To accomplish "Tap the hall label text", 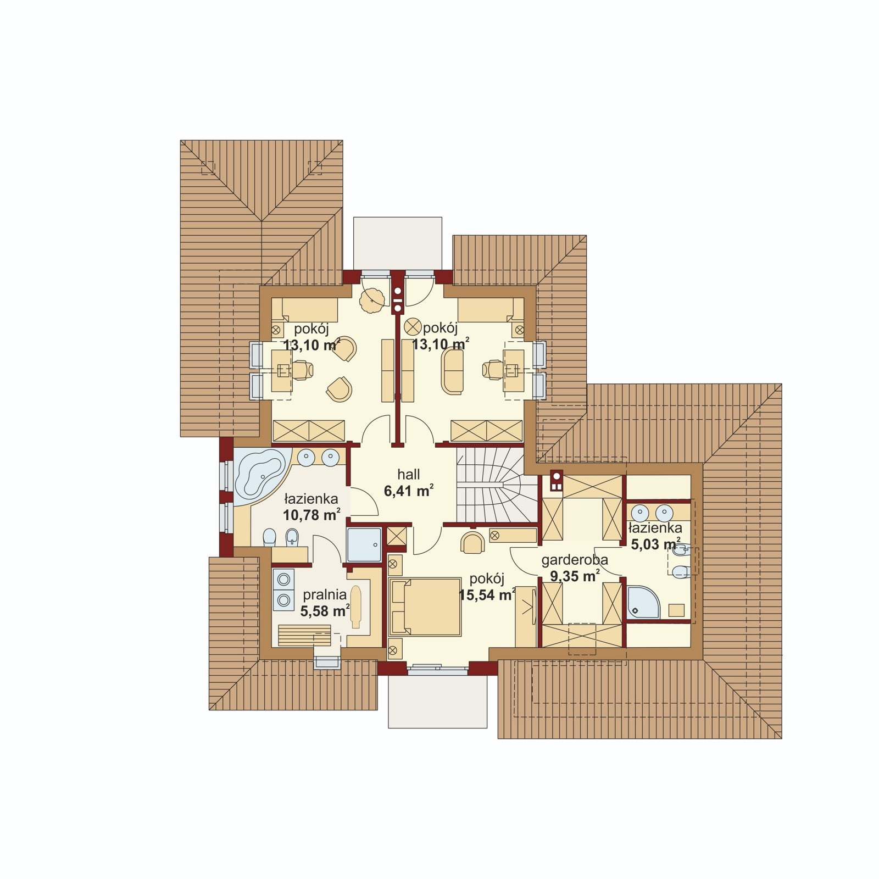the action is (409, 474).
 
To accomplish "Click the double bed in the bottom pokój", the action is (425, 607).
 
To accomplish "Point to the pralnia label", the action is (325, 594).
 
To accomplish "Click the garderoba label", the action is (575, 560).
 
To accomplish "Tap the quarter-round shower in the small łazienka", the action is (643, 602).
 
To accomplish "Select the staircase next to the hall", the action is (497, 485).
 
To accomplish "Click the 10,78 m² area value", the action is (311, 515).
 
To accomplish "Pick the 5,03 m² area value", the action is (655, 544).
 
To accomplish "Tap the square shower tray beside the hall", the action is (364, 544).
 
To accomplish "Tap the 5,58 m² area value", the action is (325, 611).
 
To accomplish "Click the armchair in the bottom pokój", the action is (473, 542).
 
